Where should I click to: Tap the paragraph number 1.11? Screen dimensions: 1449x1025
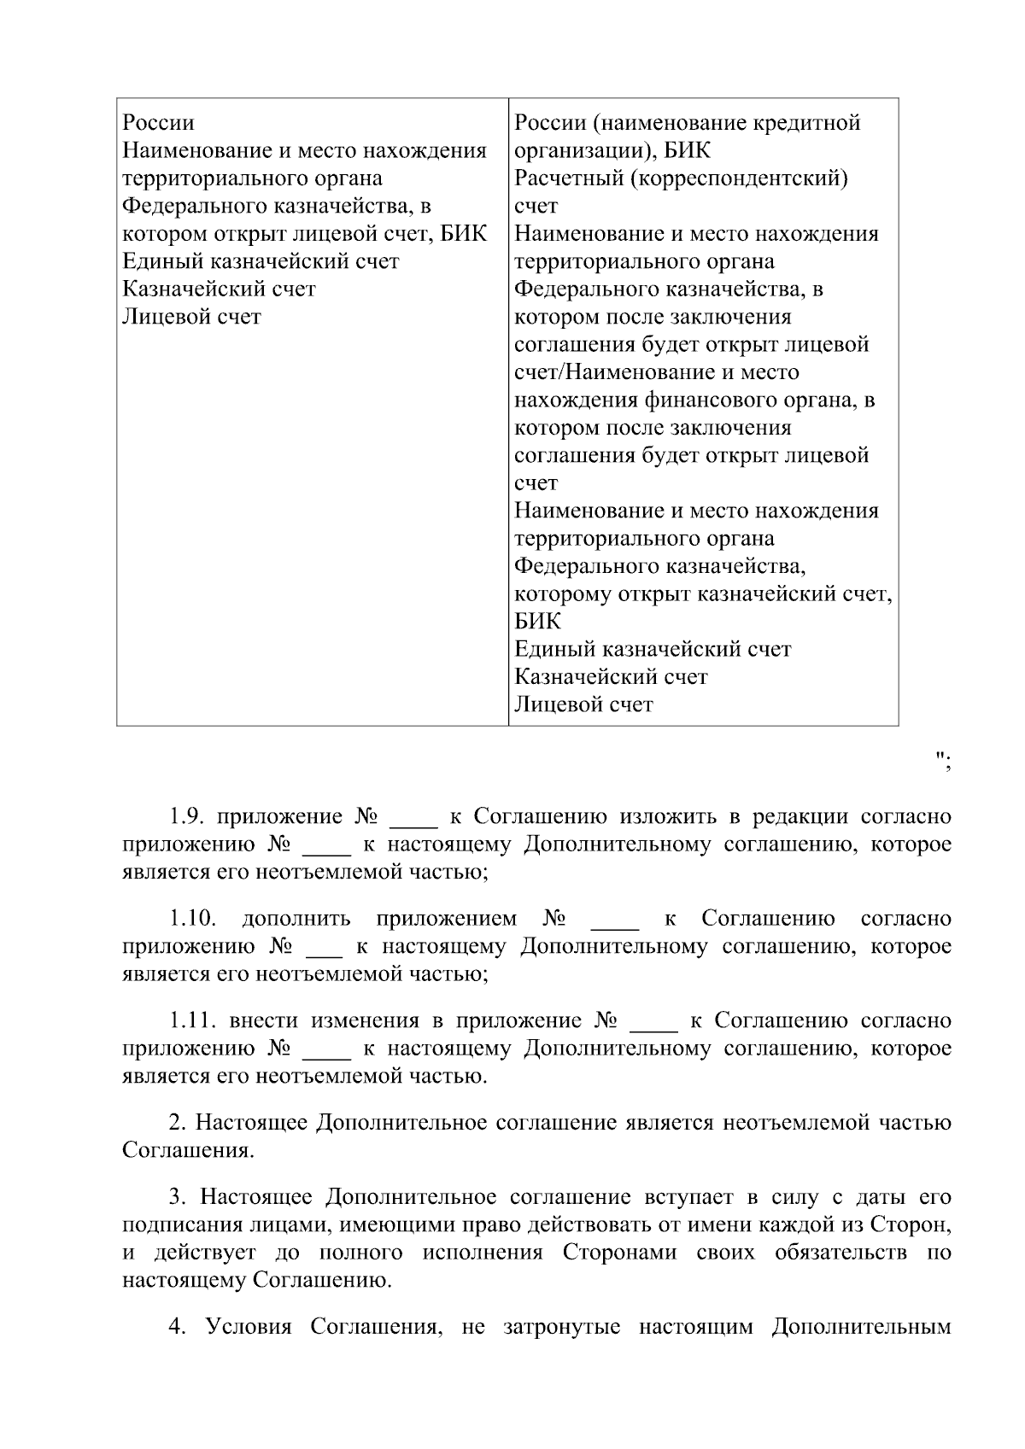click(x=191, y=1021)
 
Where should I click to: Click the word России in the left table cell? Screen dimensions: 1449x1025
click(x=159, y=123)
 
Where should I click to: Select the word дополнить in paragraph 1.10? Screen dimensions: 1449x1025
click(x=296, y=919)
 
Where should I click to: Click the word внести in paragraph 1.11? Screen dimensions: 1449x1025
click(x=264, y=1021)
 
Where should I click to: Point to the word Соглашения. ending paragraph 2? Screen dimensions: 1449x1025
click(x=188, y=1150)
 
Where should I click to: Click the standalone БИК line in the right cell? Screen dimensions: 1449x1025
click(x=537, y=622)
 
